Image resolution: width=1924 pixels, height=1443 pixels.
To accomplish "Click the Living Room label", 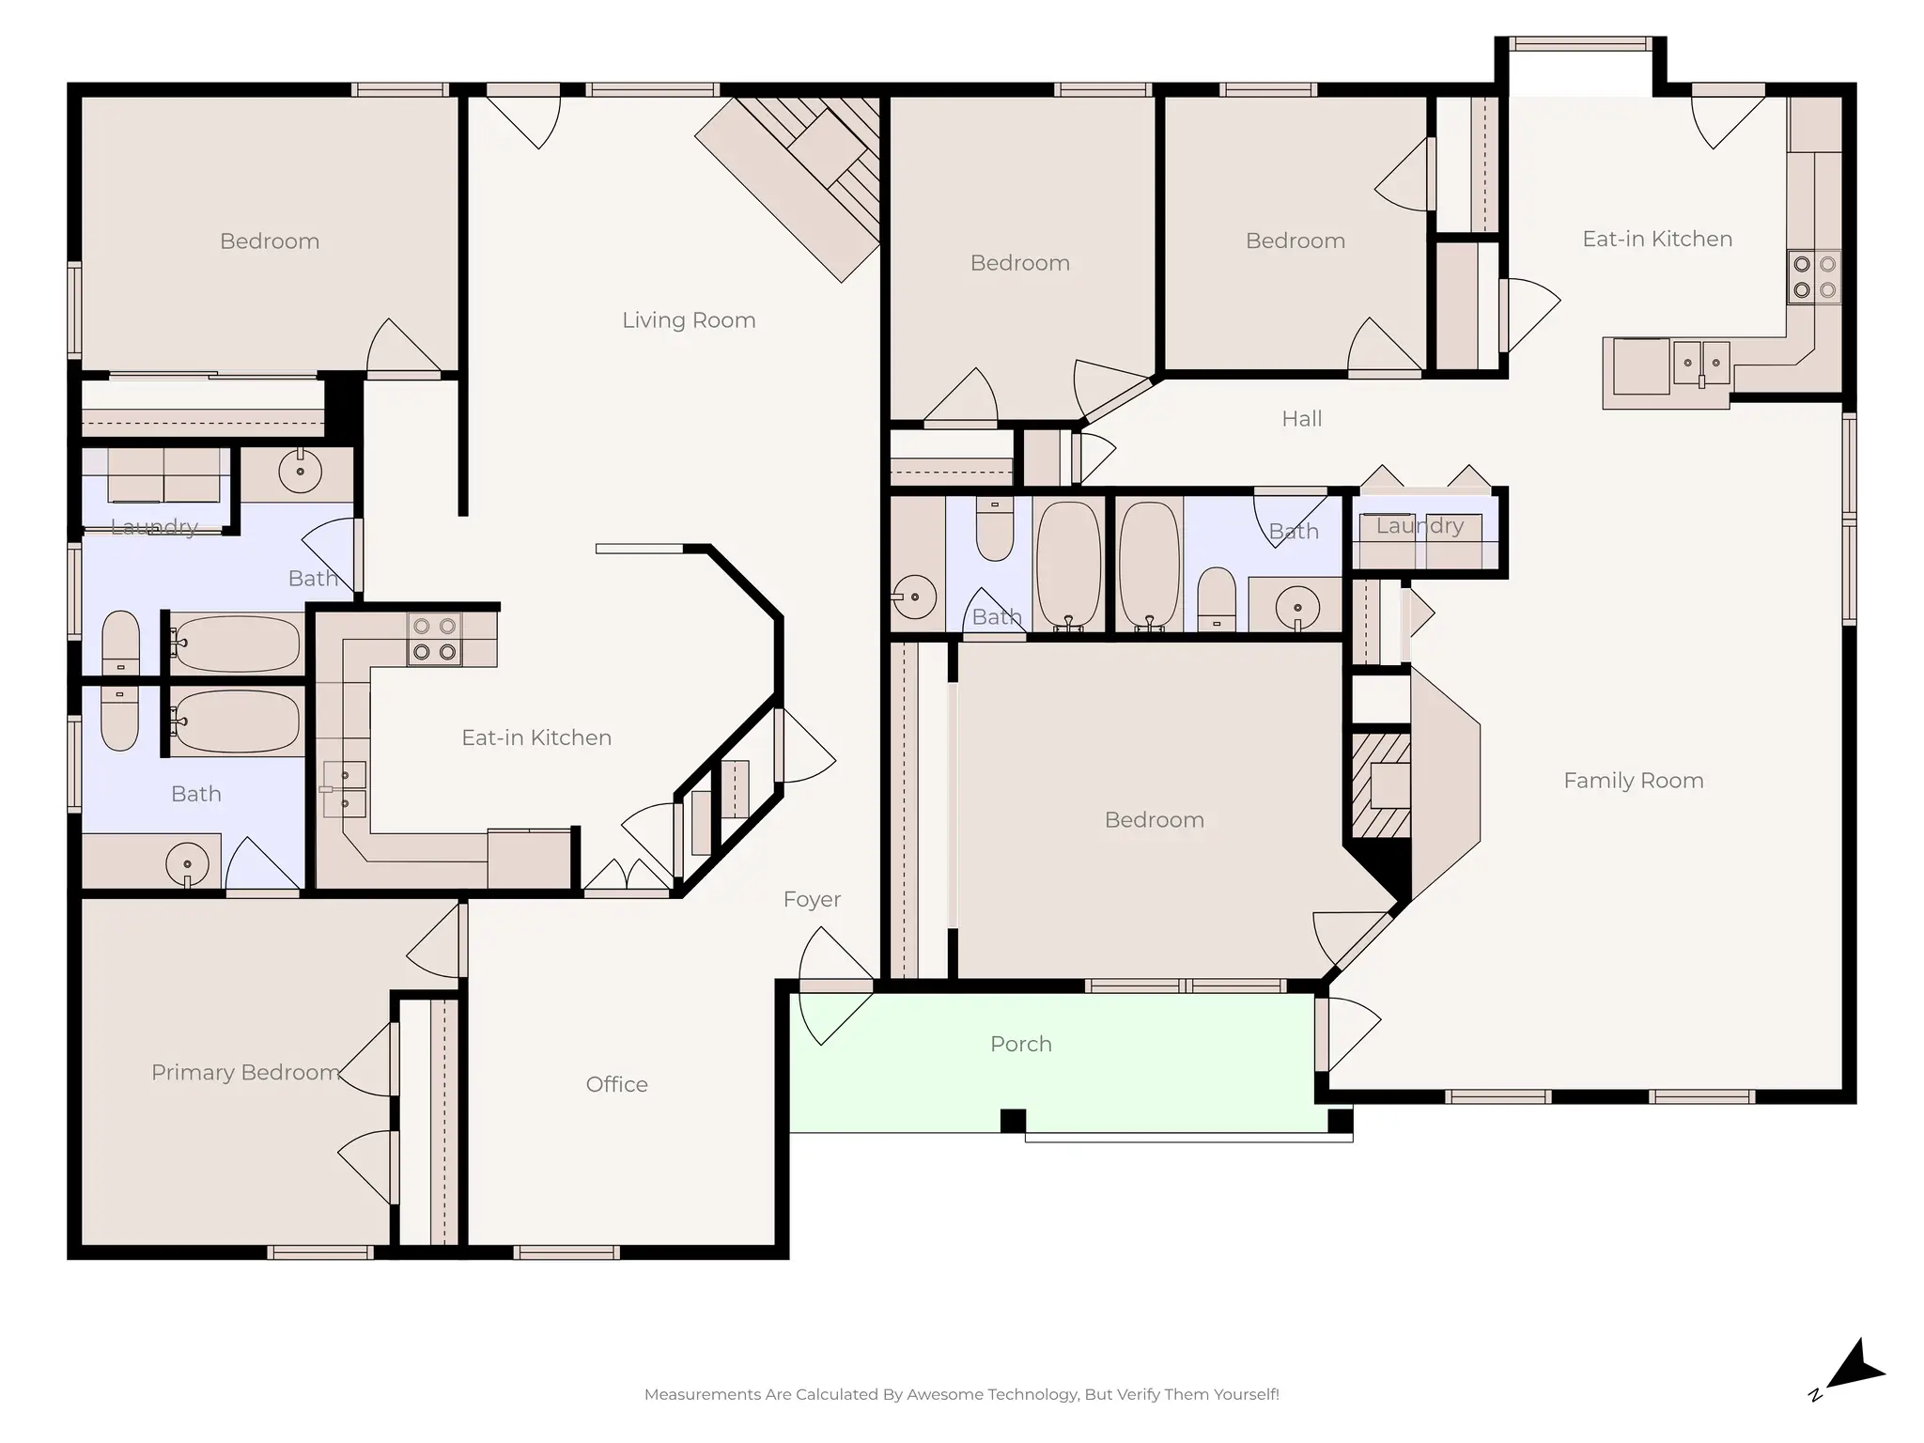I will point(689,320).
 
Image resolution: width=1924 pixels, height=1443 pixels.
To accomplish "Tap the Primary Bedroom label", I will point(245,1072).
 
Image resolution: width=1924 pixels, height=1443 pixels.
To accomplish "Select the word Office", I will point(616,1084).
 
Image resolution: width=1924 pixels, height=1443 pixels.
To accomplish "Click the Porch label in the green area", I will point(1020,1044).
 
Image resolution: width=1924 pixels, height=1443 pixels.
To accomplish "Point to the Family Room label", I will point(1633,781).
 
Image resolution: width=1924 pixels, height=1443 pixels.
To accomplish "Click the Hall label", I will point(1301,419).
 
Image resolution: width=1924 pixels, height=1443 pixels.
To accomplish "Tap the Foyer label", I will point(812,899).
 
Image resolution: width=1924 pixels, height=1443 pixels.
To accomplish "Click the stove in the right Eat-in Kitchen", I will point(1813,277).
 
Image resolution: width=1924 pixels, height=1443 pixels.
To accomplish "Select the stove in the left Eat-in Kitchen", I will point(434,639).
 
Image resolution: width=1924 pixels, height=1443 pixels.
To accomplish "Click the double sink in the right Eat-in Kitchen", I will point(1700,363).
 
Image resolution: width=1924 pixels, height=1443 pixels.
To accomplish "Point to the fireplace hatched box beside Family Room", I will point(1380,785).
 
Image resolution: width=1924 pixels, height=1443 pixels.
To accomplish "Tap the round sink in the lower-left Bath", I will point(187,862).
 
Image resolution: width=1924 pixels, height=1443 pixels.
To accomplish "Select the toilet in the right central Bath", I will point(1217,597).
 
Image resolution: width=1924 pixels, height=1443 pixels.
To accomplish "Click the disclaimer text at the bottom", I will point(961,1394).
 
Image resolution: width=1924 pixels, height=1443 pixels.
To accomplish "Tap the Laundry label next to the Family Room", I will point(1420,526).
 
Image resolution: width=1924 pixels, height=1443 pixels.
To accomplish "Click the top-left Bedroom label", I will point(270,241).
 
